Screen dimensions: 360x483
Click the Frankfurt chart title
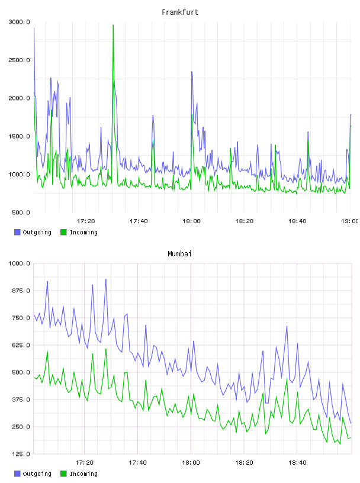pos(180,12)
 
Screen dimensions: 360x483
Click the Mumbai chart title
pos(179,253)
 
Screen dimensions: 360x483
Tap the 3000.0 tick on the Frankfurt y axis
pos(19,22)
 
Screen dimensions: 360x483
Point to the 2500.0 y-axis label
pos(19,60)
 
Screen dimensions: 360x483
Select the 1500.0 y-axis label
pos(19,137)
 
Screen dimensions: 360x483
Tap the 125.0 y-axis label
pos(21,454)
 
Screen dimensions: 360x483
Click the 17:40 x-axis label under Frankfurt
pos(139,221)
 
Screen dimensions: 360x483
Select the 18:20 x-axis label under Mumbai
pos(244,463)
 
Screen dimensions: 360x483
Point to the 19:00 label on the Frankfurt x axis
pos(349,221)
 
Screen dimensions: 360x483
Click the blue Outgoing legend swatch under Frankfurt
pos(17,232)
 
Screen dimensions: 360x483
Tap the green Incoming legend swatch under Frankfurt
pos(63,232)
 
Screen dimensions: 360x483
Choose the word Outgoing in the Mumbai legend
pos(37,474)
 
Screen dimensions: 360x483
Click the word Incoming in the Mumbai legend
pos(83,474)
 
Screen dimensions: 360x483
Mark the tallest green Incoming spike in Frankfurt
pos(113,25)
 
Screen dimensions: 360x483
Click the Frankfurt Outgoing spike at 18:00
pos(192,72)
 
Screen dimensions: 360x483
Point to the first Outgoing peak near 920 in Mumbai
pos(47,282)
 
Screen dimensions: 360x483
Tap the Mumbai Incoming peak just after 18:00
pos(194,394)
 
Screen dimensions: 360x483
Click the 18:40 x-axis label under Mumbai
pos(297,463)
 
